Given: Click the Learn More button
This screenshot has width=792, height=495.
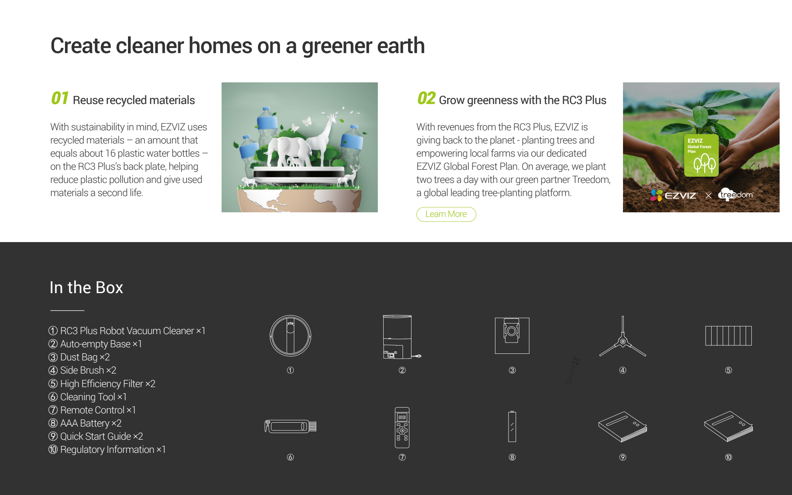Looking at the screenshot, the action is [446, 214].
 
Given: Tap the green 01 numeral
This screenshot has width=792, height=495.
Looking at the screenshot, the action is [60, 98].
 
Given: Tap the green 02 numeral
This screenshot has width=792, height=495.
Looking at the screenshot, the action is [426, 98].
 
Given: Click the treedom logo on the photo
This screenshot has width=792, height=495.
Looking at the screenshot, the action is [736, 194].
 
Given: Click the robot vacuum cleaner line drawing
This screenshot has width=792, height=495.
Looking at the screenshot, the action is [290, 335].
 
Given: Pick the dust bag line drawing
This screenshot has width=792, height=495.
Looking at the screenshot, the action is [512, 336].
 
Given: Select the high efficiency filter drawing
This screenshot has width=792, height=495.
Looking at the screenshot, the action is [729, 336].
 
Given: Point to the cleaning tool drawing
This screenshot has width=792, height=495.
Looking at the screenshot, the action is [290, 427].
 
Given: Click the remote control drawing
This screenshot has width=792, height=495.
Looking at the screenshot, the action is [402, 427].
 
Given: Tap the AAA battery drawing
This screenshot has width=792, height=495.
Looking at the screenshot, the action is [512, 427].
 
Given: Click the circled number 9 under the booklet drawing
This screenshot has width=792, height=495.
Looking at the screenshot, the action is [623, 457].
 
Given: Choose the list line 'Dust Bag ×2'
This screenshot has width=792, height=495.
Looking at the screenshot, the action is [79, 357].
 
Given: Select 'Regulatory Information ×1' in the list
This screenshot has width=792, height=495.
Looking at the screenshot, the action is [107, 449].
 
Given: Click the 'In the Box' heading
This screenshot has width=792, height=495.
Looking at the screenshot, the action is [86, 287].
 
